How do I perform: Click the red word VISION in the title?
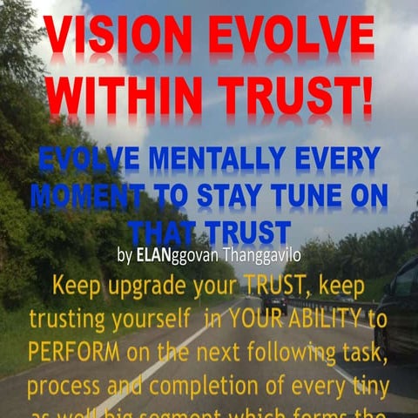[118, 37]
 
